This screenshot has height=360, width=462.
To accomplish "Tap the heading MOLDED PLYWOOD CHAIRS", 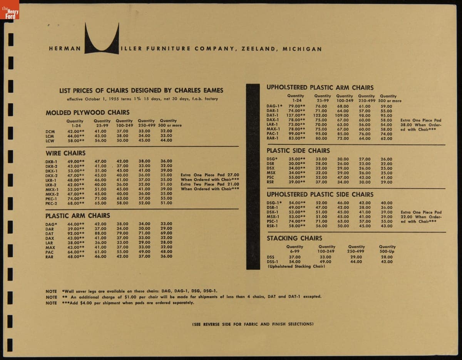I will point(87,112).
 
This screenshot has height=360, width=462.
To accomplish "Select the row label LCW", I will point(50,141).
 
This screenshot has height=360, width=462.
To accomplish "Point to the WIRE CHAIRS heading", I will point(65,153).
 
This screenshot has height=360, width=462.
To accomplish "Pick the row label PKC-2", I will point(51,203).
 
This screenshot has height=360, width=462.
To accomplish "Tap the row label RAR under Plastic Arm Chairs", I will point(50,256).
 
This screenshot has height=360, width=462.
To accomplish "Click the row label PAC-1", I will point(273,134).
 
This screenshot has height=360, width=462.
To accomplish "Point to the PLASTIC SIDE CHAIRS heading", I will point(298,151).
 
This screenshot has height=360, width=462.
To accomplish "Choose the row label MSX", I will point(271,173).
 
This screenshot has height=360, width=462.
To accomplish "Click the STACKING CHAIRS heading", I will point(295,238).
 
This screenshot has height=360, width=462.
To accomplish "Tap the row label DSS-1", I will point(273,262).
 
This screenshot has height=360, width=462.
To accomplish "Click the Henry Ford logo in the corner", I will point(10,10).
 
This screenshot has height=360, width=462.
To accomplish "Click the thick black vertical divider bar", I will point(253,177).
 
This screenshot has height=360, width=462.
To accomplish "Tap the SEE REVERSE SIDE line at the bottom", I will point(253,324).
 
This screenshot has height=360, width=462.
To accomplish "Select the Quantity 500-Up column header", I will point(387,249).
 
